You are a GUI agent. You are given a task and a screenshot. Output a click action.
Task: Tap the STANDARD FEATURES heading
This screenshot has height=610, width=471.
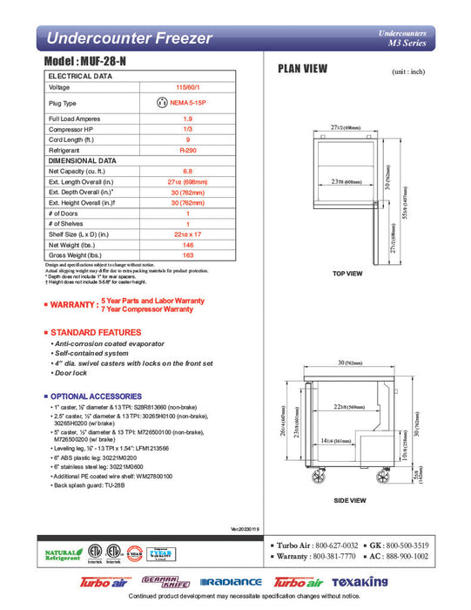pyautogui.click(x=96, y=333)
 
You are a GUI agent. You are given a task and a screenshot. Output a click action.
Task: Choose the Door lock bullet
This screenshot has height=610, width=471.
pyautogui.click(x=71, y=373)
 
